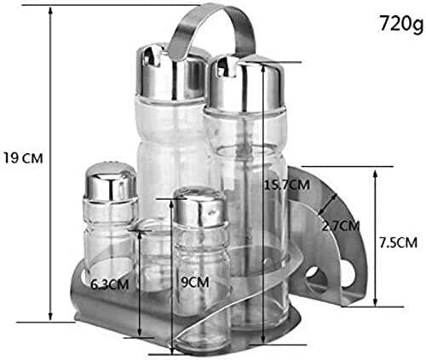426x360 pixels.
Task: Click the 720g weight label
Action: tap(401, 24)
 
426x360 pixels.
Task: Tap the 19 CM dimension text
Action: tap(23, 158)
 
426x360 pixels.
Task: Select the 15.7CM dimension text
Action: tap(287, 185)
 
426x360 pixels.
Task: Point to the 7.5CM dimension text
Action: tap(399, 243)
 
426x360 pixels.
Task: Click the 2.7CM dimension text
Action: tap(341, 226)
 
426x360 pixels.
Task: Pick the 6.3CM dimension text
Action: tap(110, 284)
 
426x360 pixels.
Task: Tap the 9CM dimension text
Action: tap(195, 282)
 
